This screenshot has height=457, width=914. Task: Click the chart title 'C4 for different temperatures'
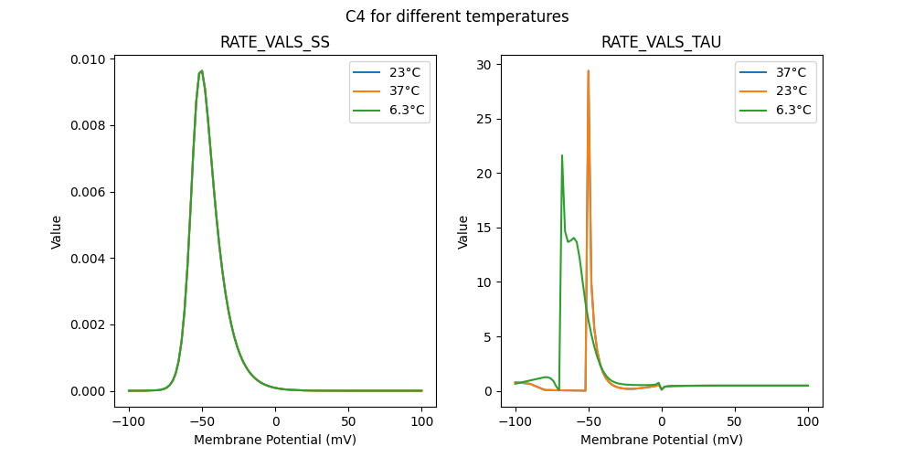coord(457,16)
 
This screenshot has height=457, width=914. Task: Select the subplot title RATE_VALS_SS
coord(275,42)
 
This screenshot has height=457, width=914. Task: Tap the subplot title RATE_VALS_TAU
coord(661,42)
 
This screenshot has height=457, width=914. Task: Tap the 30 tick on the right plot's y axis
coord(483,65)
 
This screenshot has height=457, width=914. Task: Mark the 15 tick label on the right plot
coord(483,228)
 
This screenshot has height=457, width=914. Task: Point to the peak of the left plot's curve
coord(202,70)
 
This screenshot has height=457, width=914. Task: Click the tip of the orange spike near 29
coord(588,70)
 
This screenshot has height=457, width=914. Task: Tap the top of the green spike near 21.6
coord(561,155)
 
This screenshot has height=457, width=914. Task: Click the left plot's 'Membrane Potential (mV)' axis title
coord(275,440)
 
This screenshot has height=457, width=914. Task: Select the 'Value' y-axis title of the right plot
coord(462,232)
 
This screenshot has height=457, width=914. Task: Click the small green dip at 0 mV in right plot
coord(662,389)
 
